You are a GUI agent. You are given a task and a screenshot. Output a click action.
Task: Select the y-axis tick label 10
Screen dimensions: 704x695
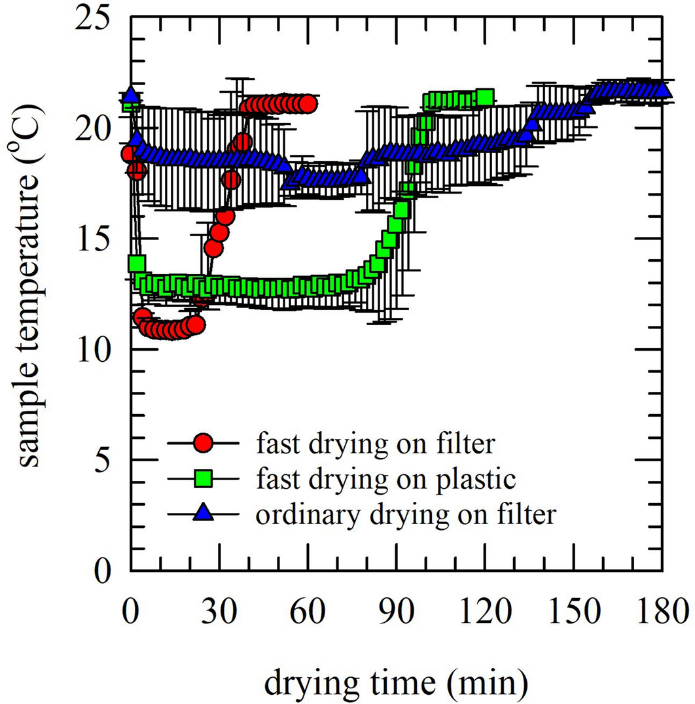click(97, 349)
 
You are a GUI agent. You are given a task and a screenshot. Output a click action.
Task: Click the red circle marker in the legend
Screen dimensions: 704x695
click(204, 444)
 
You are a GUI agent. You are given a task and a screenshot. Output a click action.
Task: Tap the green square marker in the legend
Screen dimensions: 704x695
click(204, 479)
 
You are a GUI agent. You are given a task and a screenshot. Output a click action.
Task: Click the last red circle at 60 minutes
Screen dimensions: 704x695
click(308, 103)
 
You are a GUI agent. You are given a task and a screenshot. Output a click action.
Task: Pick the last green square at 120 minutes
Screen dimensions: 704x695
click(485, 97)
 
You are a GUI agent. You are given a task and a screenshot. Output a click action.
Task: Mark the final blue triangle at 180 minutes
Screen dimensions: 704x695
click(662, 89)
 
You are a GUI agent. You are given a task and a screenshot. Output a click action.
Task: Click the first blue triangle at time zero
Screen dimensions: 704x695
click(132, 96)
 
